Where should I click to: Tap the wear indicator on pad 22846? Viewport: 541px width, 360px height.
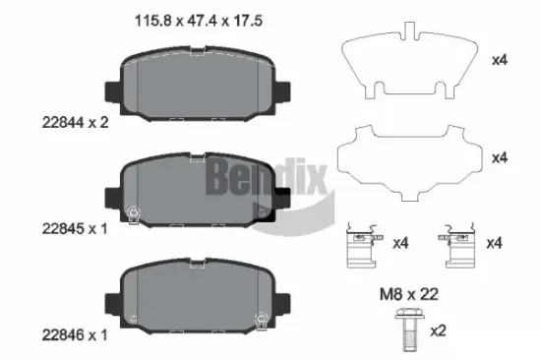(x=260, y=318)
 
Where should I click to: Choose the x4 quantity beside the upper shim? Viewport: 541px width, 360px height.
(x=499, y=60)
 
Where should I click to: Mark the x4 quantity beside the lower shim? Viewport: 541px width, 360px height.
(x=499, y=157)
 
